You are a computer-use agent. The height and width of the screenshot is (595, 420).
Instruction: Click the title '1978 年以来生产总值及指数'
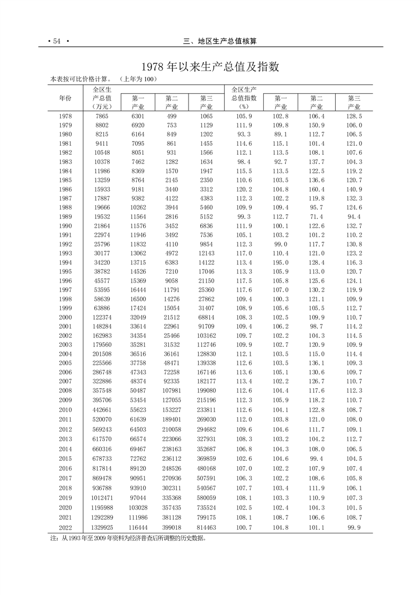click(209, 67)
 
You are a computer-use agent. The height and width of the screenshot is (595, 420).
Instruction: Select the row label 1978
click(66, 116)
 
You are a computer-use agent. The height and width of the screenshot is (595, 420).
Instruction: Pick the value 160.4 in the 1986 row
click(317, 189)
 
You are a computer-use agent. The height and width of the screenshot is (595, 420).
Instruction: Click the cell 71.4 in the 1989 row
click(317, 217)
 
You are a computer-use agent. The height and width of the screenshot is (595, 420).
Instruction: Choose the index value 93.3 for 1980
click(244, 134)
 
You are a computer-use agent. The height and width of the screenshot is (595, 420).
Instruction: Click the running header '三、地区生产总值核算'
click(223, 41)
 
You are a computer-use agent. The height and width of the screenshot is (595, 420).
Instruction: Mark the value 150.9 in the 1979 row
click(317, 125)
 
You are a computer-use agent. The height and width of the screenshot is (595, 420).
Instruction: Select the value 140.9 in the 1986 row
click(353, 189)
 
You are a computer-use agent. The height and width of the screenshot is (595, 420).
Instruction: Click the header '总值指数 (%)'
click(244, 102)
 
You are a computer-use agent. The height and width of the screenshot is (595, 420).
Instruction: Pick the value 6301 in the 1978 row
click(138, 116)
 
